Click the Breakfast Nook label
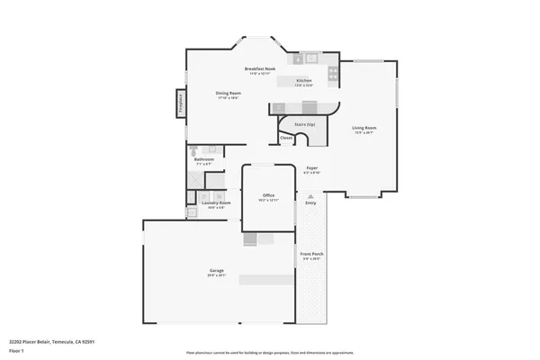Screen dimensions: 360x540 tap(259, 68)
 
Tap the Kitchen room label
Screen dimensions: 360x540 tap(304, 81)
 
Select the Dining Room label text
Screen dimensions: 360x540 tap(228, 94)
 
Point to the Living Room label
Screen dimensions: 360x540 tap(364, 129)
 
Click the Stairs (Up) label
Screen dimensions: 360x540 tap(305, 124)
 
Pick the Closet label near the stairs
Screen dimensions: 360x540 tap(286, 138)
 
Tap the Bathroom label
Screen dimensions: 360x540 tap(204, 160)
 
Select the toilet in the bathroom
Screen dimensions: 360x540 tap(193, 148)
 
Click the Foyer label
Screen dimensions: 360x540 tap(311, 167)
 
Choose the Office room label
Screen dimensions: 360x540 tap(267, 195)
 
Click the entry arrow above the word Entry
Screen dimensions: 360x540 tap(310, 194)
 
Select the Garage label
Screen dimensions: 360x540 tap(217, 271)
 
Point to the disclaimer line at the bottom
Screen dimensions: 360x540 tap(270, 352)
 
